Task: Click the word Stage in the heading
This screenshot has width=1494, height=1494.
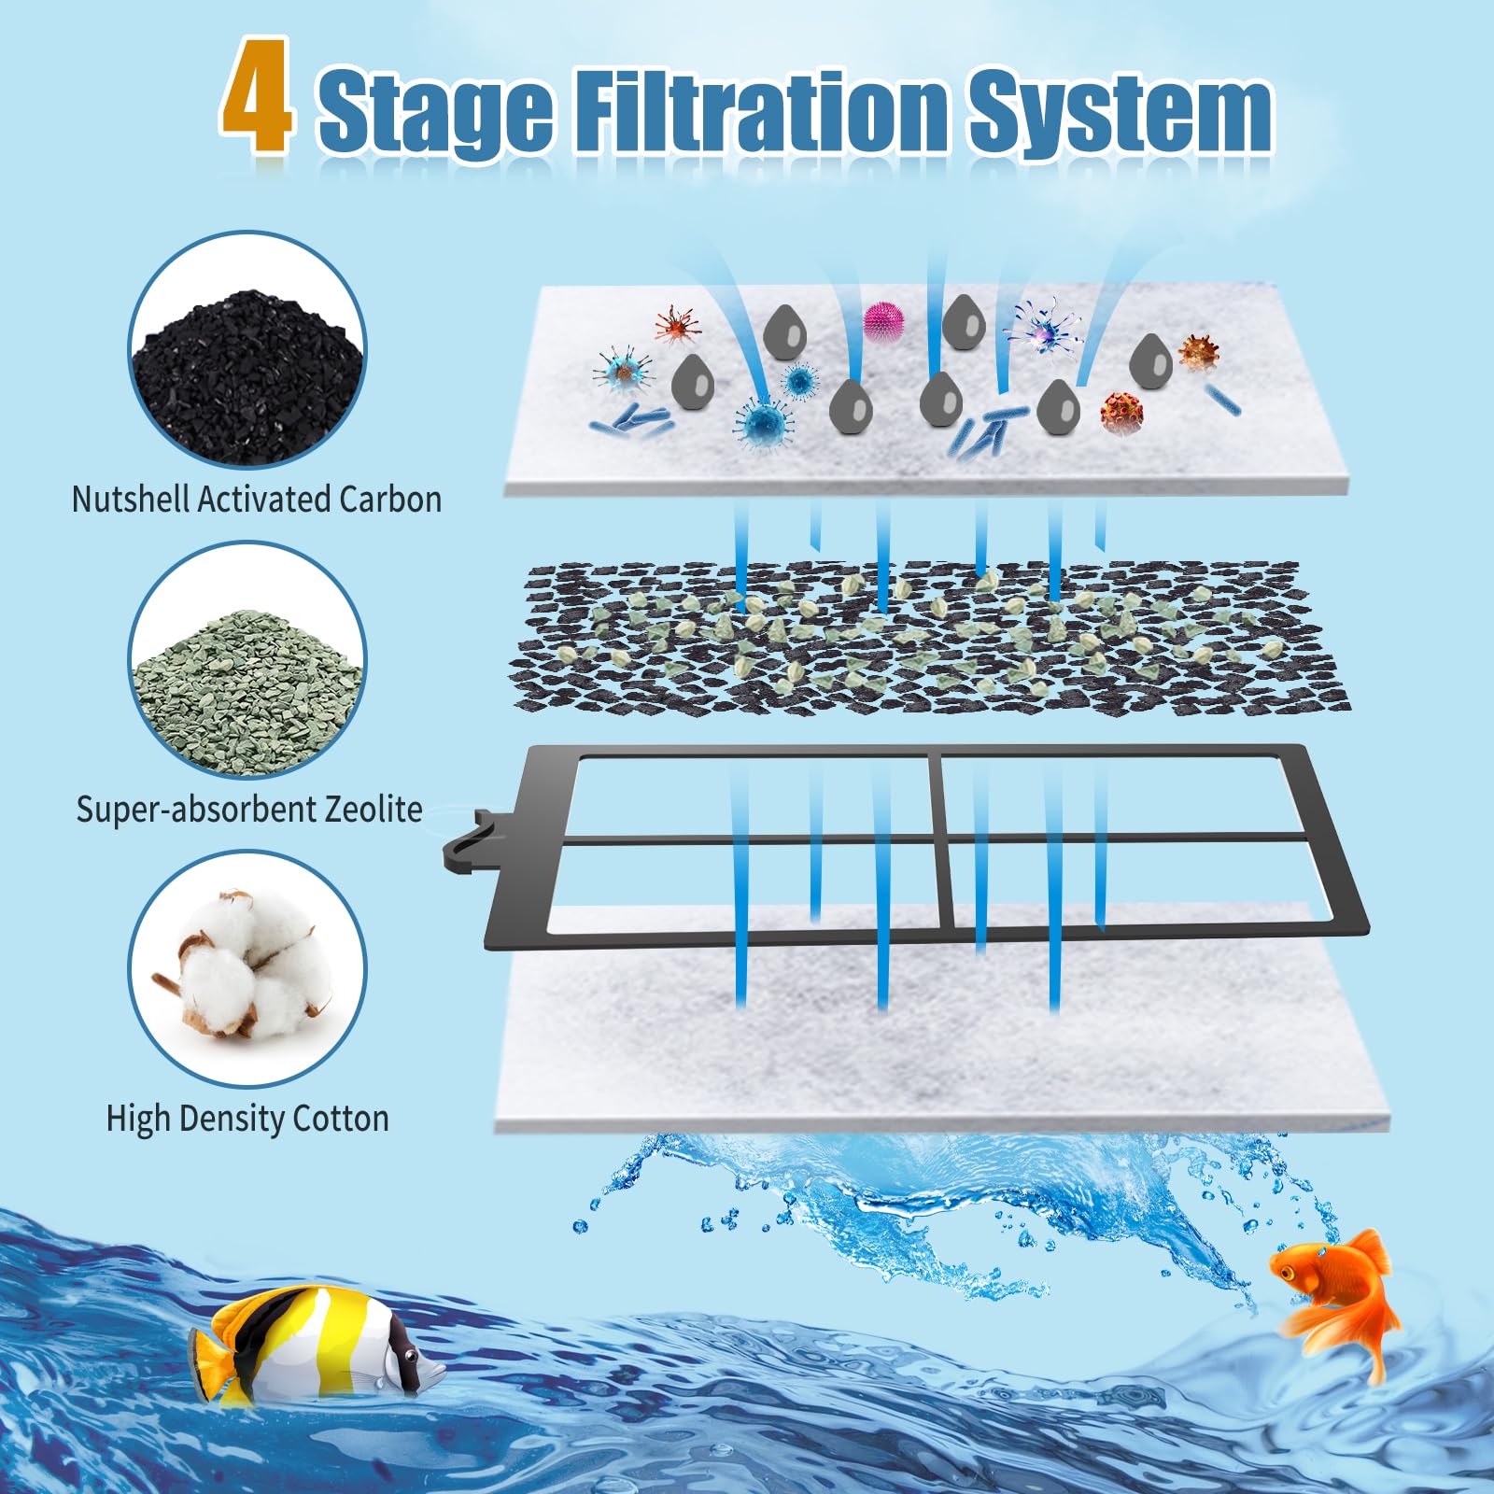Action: [435, 111]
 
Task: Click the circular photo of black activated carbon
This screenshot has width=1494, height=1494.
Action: [247, 351]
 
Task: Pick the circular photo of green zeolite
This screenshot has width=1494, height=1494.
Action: [247, 661]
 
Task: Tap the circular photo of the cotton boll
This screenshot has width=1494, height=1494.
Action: [247, 969]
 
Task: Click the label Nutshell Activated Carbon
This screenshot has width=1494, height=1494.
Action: [257, 500]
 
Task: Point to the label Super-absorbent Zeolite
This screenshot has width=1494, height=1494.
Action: [249, 809]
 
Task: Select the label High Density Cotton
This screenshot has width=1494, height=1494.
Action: [247, 1118]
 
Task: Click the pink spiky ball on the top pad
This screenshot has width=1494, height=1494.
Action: [883, 321]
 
